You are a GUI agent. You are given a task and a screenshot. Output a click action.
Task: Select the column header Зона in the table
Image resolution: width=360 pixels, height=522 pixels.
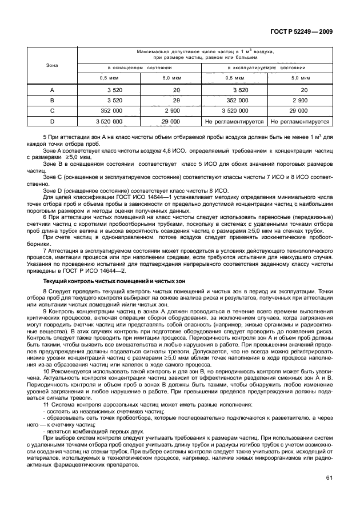(x=52, y=66)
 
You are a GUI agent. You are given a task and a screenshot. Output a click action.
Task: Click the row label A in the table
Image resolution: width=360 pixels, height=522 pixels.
(x=52, y=90)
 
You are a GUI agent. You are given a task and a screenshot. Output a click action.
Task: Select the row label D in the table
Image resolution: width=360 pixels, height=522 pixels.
(x=52, y=121)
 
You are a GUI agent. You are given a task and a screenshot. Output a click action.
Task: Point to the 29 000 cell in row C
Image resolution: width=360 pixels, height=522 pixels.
(x=299, y=111)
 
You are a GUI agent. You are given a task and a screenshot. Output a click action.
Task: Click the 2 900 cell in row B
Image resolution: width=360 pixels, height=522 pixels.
(x=299, y=100)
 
